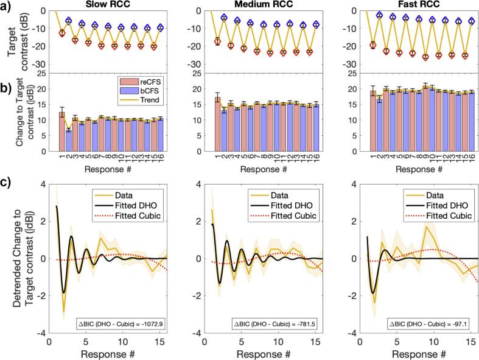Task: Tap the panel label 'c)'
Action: (x=7, y=183)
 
